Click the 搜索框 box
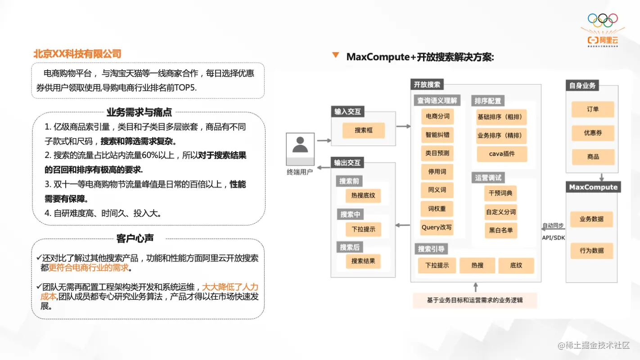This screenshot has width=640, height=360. [x=363, y=130]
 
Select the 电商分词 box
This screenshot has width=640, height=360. [x=437, y=116]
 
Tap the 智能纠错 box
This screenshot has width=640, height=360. [x=437, y=135]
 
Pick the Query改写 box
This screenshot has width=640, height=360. [x=437, y=227]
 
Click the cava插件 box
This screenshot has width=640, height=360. [x=501, y=154]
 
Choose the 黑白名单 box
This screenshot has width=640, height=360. [x=501, y=230]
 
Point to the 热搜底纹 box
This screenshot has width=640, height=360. [x=363, y=196]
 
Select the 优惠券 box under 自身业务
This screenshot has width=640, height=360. [x=593, y=133]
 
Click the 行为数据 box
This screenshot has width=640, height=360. [x=591, y=251]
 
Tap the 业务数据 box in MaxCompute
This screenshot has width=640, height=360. [x=591, y=219]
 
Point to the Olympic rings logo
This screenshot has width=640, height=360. [x=603, y=20]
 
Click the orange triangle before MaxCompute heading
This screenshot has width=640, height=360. [x=335, y=55]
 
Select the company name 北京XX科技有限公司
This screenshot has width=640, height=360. [x=77, y=54]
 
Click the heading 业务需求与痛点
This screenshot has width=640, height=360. [x=139, y=112]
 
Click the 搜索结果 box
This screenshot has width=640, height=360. [x=363, y=261]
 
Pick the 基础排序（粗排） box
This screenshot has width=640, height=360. [x=501, y=117]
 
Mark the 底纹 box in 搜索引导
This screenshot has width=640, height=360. [x=516, y=265]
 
